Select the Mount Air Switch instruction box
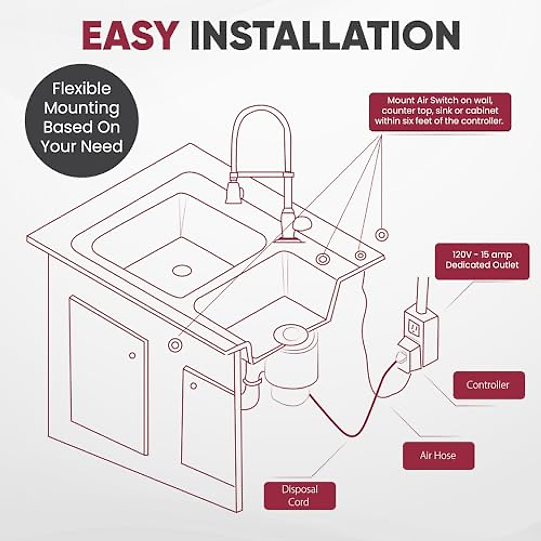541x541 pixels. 440,111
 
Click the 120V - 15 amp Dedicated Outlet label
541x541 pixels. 481,260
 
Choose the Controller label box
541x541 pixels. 488,385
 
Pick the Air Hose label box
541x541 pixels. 438,455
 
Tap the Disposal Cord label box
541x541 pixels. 299,495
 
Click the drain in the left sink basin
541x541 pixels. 182,270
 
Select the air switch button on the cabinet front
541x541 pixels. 174,345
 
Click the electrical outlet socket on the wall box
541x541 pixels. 413,329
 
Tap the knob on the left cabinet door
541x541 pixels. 132,356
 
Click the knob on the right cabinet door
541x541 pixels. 193,386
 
